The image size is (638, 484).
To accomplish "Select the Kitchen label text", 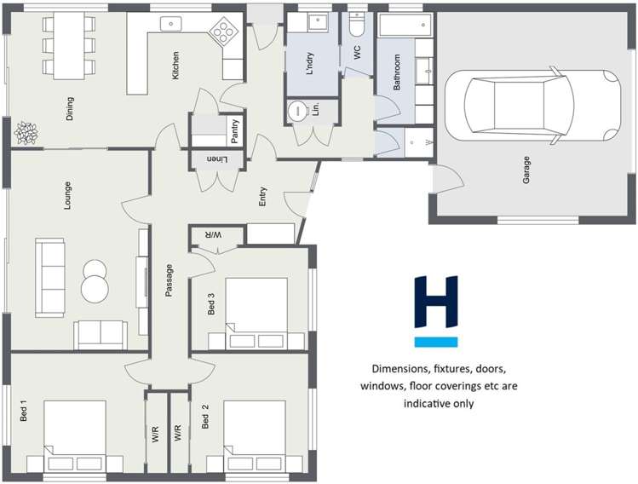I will click(x=175, y=66).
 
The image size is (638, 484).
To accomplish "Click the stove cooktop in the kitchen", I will click(x=225, y=32).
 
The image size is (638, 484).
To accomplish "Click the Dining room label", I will click(x=70, y=108).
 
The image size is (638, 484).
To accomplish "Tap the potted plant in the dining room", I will click(x=26, y=133).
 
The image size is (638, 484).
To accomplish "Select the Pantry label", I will click(x=235, y=131).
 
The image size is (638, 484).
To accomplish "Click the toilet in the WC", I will click(x=356, y=24).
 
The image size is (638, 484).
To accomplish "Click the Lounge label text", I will click(x=66, y=196).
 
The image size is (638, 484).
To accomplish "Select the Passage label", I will click(x=169, y=280).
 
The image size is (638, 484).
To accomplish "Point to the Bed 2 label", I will click(x=206, y=415).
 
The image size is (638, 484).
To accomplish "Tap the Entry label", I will click(x=263, y=197).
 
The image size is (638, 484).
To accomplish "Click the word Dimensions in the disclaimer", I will click(x=404, y=369).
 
